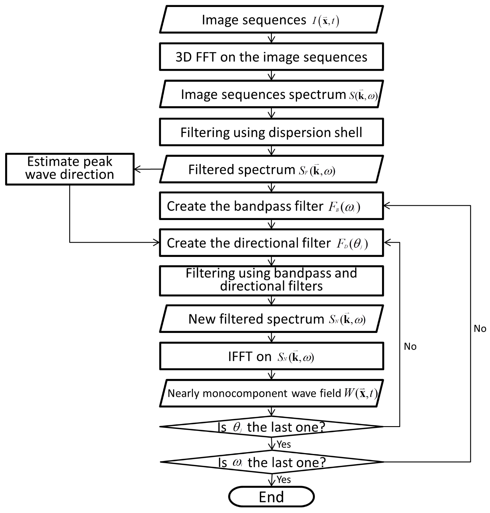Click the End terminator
point(271,497)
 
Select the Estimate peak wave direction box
point(70,169)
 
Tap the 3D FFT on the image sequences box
point(271,57)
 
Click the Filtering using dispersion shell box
point(271,132)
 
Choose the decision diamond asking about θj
point(271,427)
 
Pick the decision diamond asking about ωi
point(271,462)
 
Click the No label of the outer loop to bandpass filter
point(480,328)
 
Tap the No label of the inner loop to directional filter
point(410,346)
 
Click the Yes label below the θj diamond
point(284,444)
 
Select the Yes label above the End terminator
point(284,480)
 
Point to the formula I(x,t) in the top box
point(326,21)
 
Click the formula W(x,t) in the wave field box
point(361,393)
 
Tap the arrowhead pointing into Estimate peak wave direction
point(137,169)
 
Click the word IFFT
point(241,357)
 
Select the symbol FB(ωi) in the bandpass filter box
point(344,207)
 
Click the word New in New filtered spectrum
point(201,319)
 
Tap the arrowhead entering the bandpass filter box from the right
point(387,206)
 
